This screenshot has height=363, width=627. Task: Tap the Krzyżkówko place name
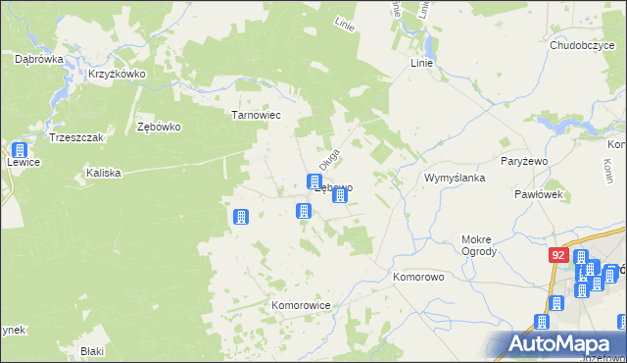click(117, 74)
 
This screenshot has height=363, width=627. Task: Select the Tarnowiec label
click(256, 115)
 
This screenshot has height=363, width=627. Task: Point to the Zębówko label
click(160, 127)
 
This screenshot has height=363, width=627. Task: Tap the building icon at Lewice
click(19, 152)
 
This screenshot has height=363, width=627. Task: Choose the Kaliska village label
click(103, 173)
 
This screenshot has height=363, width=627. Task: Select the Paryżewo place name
click(529, 160)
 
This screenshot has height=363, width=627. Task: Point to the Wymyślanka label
click(455, 178)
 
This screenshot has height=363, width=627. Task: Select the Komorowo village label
click(419, 278)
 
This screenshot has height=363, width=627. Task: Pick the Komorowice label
click(301, 305)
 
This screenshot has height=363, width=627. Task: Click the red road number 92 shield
click(557, 255)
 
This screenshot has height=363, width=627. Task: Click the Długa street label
click(329, 157)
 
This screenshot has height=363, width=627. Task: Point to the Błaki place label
click(92, 350)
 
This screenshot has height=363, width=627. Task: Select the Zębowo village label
click(334, 186)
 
